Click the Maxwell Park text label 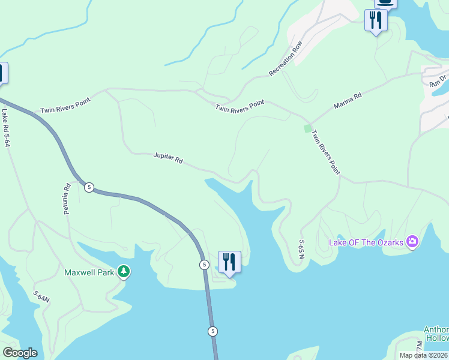[x=90, y=272]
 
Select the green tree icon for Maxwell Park [x=124, y=272]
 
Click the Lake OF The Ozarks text [x=366, y=242]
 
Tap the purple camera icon [x=412, y=242]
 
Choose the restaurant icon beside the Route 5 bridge [x=229, y=262]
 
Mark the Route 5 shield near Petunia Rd [x=89, y=187]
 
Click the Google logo [x=20, y=353]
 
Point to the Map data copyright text [x=424, y=355]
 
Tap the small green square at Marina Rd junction [x=308, y=128]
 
